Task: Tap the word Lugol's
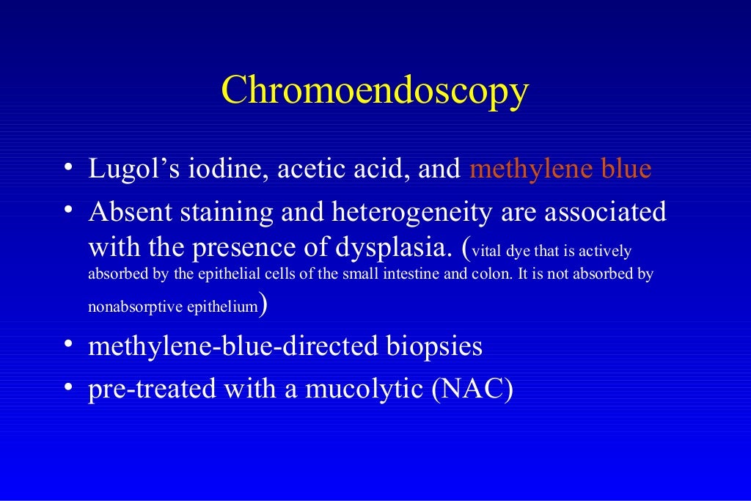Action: [x=128, y=170]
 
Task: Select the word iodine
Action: [x=213, y=169]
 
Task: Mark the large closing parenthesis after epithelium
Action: [x=263, y=303]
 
